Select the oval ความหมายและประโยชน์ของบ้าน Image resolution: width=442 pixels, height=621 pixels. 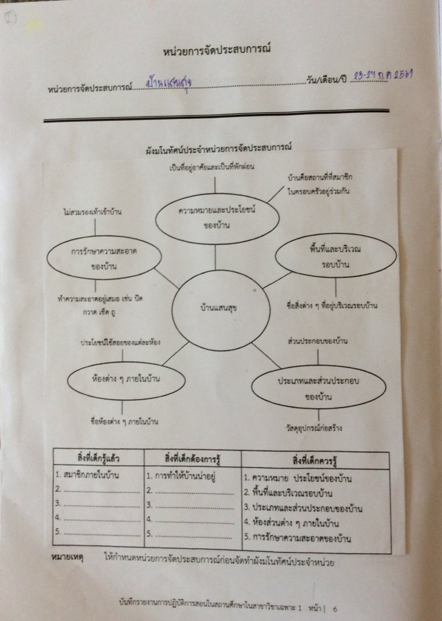pyautogui.click(x=217, y=218)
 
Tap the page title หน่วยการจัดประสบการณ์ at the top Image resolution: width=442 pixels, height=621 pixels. pyautogui.click(x=216, y=50)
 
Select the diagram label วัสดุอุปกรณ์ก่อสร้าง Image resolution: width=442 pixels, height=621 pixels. pyautogui.click(x=314, y=428)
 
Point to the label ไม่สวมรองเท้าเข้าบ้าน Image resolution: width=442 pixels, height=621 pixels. pyautogui.click(x=93, y=212)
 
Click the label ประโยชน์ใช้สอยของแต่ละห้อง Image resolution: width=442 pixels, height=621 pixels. pyautogui.click(x=121, y=343)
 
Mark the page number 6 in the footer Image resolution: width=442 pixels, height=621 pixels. pyautogui.click(x=334, y=606)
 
